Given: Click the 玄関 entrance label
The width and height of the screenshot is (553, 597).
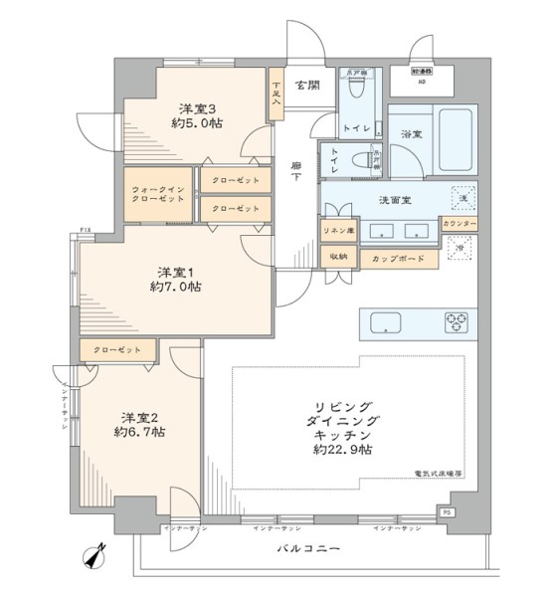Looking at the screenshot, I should tap(306, 85).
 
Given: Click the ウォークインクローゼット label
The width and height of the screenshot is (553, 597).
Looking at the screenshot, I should tap(158, 194).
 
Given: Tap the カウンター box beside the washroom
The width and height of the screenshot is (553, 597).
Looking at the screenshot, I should tap(459, 225).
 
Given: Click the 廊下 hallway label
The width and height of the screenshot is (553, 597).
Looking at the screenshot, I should tap(296, 171).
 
